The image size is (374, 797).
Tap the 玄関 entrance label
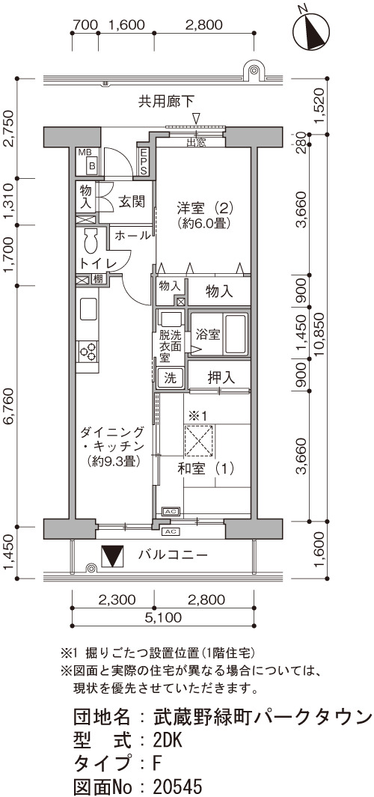(x=132, y=201)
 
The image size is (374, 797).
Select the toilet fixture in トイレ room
(x=91, y=241)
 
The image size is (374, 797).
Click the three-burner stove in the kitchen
(x=88, y=351)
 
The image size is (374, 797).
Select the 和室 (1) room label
(x=206, y=468)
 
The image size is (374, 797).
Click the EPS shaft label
(x=144, y=161)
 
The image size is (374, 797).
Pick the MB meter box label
(x=85, y=153)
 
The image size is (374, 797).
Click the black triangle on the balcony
(x=112, y=555)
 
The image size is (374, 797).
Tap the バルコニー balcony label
(x=173, y=555)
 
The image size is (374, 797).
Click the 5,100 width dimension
(x=162, y=617)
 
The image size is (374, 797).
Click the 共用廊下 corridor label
(x=166, y=102)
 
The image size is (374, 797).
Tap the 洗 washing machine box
(x=170, y=378)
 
